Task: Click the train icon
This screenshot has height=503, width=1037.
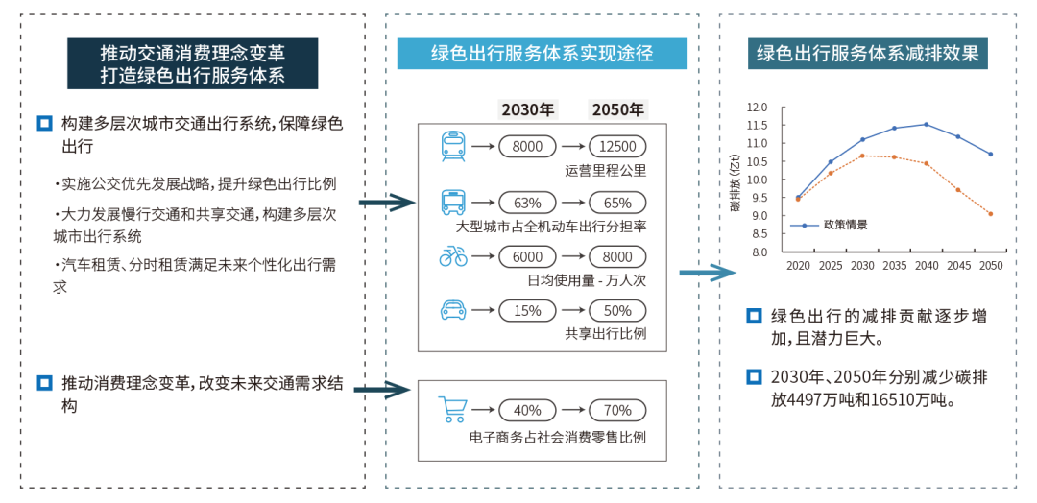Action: tap(453, 147)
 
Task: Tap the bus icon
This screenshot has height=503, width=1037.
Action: tap(453, 203)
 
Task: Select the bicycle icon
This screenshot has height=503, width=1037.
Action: tap(453, 256)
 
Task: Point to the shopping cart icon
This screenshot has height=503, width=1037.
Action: tap(452, 410)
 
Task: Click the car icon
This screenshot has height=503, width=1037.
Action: tap(453, 309)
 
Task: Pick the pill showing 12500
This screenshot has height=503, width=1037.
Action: tap(617, 146)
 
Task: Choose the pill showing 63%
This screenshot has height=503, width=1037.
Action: tap(527, 202)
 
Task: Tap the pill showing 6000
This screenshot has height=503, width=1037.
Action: tap(527, 256)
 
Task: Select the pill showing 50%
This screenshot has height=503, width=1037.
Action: tap(617, 309)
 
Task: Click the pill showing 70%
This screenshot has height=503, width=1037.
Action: tap(617, 410)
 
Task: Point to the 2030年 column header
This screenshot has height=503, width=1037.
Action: tap(528, 109)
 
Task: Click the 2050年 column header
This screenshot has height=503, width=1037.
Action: tap(617, 109)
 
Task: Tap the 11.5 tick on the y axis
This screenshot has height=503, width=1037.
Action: tap(757, 125)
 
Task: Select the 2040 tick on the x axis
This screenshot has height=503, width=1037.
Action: tap(926, 266)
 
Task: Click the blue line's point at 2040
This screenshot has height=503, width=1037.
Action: tap(926, 124)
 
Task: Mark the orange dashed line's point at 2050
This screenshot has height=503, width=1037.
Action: tap(990, 213)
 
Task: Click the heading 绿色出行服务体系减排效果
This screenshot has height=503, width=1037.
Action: tap(868, 54)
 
